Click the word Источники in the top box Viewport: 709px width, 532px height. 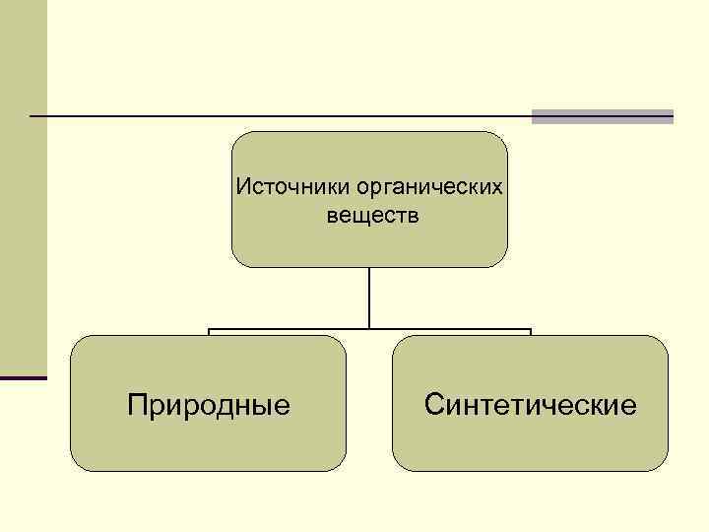click(281, 186)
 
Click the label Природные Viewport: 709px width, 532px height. click(209, 404)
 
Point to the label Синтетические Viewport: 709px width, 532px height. click(531, 404)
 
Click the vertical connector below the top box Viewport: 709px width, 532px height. click(369, 296)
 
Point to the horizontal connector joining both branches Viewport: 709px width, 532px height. click(295, 329)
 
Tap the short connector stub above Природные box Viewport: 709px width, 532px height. click(209, 333)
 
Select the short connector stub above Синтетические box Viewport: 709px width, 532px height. click(531, 333)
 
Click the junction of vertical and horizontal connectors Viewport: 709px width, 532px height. click(369, 329)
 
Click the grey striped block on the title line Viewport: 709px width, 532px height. click(602, 116)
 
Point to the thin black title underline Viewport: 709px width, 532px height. click(276, 116)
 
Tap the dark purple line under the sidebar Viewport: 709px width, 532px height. click(23, 378)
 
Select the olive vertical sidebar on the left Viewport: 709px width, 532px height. click(23, 197)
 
